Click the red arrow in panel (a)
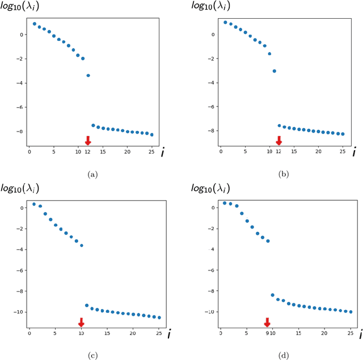point(88,140)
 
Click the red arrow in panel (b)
point(278,140)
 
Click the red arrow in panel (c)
point(81,323)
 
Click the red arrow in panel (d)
point(267,322)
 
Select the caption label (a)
point(92,175)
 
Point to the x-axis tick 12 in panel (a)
point(88,152)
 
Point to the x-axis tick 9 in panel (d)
point(267,334)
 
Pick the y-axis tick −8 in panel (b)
point(211,131)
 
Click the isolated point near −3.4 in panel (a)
point(88,75)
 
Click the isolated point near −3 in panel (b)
point(275,71)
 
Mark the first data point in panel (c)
point(34,204)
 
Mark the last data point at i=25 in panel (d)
point(350,312)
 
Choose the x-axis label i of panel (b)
point(354,152)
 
